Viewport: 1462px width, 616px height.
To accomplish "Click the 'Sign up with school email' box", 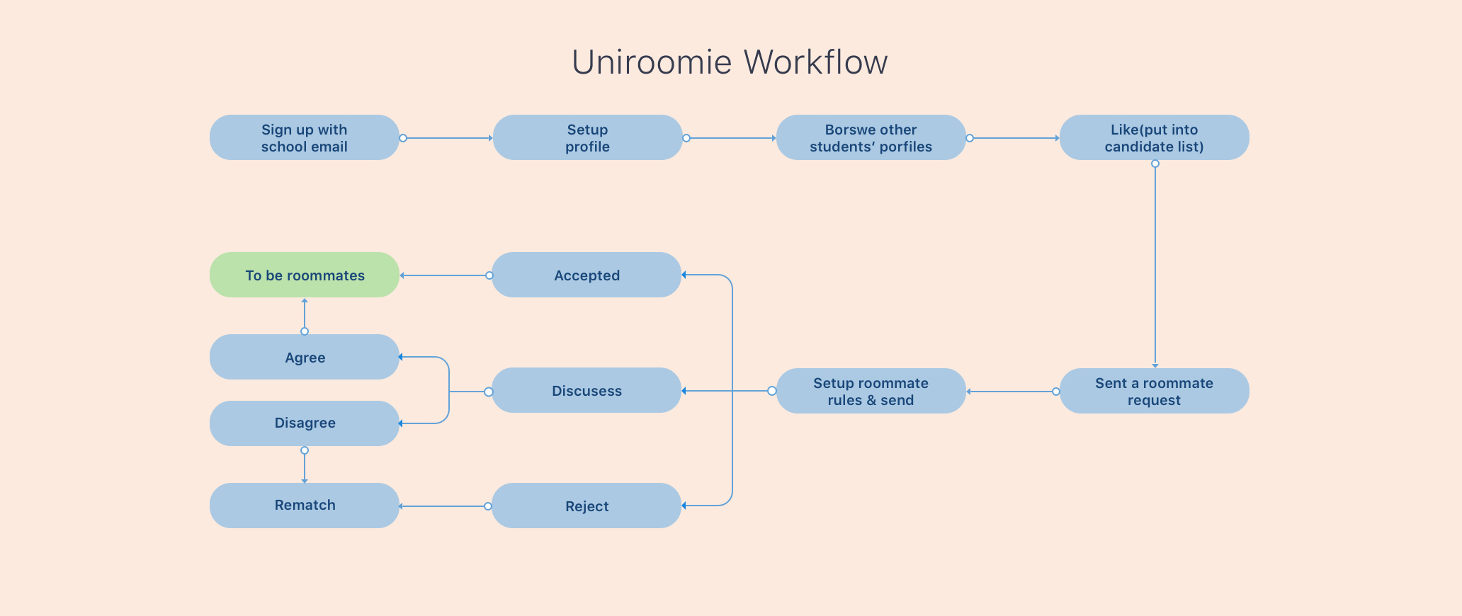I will [305, 137].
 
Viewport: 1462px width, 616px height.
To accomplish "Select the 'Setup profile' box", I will [587, 137].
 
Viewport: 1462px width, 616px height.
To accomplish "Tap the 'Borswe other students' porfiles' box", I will [871, 137].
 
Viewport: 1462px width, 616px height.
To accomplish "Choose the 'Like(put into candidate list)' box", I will [1154, 137].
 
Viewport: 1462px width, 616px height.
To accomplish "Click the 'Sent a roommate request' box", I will [1154, 391].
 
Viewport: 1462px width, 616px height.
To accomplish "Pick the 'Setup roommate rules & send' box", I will [871, 391].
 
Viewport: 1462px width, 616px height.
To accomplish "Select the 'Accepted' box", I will [586, 275].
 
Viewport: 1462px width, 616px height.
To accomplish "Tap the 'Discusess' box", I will [586, 390].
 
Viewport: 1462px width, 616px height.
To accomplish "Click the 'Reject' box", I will [586, 506].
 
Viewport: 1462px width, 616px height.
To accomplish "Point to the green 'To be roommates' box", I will [305, 275].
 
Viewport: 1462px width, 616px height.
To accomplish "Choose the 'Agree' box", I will [305, 357].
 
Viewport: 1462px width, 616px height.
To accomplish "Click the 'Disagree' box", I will [305, 423].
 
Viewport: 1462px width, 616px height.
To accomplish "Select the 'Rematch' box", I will [305, 506].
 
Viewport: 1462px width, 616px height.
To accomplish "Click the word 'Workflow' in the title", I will [815, 62].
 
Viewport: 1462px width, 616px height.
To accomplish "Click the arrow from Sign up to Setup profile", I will [448, 138].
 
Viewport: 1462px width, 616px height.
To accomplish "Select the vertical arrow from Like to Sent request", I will [1155, 266].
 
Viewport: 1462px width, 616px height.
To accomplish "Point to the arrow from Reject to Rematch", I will [443, 506].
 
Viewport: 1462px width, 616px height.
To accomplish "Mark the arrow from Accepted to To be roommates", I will [444, 275].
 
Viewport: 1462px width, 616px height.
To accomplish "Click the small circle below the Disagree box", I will [305, 450].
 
